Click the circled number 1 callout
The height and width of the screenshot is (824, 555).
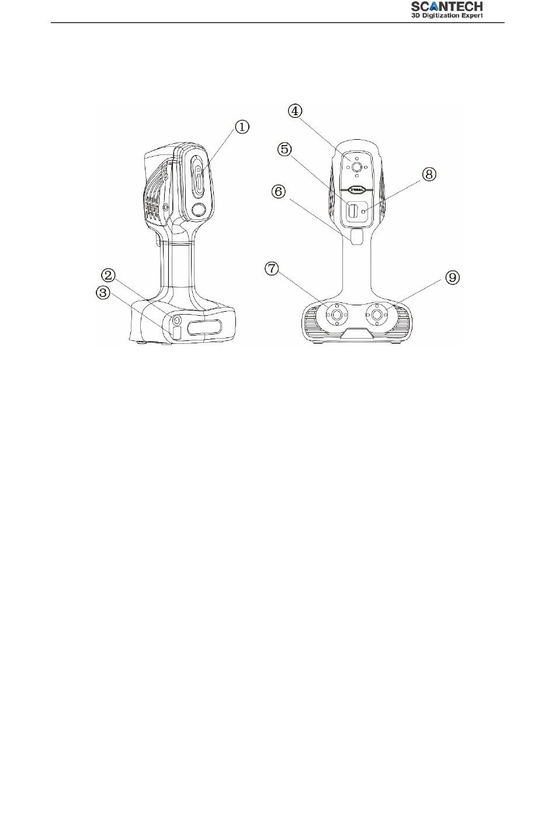tap(242, 127)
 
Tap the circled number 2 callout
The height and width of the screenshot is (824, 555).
tap(109, 275)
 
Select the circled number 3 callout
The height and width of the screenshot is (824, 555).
tap(103, 293)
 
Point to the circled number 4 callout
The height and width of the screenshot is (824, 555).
tap(295, 111)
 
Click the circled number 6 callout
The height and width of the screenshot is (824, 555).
tap(279, 191)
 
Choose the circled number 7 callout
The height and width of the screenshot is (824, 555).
tap(271, 268)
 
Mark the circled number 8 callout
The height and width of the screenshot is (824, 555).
tap(429, 174)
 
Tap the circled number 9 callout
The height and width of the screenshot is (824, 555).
tap(452, 278)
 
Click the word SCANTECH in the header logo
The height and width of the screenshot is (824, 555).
tap(446, 6)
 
